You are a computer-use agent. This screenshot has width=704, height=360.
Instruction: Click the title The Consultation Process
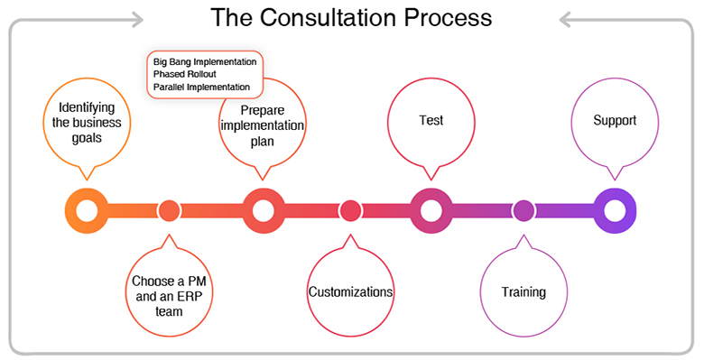click(351, 17)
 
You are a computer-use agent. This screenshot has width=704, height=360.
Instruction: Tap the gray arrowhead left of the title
click(138, 18)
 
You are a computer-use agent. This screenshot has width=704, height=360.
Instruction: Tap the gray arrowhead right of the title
click(565, 18)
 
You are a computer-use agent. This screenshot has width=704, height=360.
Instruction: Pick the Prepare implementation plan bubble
click(263, 121)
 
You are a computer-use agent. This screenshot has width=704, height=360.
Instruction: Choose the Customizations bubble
click(350, 292)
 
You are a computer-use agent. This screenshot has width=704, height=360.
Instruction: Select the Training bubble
click(523, 292)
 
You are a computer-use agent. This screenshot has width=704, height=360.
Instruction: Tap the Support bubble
click(615, 120)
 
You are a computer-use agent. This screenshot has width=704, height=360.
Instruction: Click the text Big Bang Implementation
click(205, 61)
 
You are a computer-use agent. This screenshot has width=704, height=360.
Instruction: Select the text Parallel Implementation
click(201, 87)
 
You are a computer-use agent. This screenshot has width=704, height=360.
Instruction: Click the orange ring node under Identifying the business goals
click(87, 211)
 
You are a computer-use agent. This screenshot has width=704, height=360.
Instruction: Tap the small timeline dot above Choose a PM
click(169, 211)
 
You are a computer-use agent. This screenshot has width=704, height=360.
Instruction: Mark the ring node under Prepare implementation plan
click(263, 211)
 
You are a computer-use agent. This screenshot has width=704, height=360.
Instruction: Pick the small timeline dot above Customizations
click(350, 211)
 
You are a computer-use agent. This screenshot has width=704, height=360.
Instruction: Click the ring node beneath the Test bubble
click(431, 211)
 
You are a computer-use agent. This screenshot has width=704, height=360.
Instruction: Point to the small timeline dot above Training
click(523, 211)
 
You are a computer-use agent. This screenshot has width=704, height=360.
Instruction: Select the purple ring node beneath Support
click(615, 211)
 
